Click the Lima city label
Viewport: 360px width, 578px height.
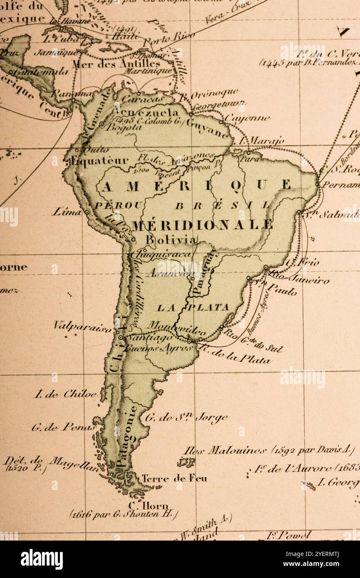pyautogui.click(x=66, y=212)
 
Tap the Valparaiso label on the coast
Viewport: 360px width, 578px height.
pyautogui.click(x=82, y=326)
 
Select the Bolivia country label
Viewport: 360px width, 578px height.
pyautogui.click(x=170, y=240)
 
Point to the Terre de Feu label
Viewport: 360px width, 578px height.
pyautogui.click(x=174, y=479)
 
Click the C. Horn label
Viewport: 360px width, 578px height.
pyautogui.click(x=148, y=506)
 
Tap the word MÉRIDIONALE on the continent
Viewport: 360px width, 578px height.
pyautogui.click(x=202, y=225)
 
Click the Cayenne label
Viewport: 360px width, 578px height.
pyautogui.click(x=247, y=119)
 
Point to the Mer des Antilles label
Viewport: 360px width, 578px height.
pyautogui.click(x=116, y=64)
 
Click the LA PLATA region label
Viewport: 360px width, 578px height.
pyautogui.click(x=193, y=308)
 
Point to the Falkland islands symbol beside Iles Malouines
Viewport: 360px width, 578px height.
pyautogui.click(x=186, y=462)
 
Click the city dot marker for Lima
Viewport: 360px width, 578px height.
pyautogui.click(x=87, y=212)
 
